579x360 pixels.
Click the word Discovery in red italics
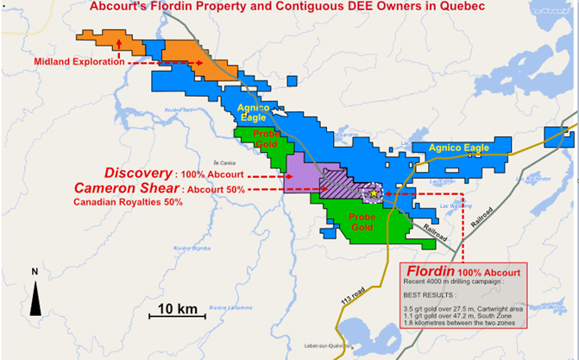[x=136, y=173]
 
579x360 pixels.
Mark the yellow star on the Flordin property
[x=372, y=195]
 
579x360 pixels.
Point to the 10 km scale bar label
[x=177, y=308]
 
